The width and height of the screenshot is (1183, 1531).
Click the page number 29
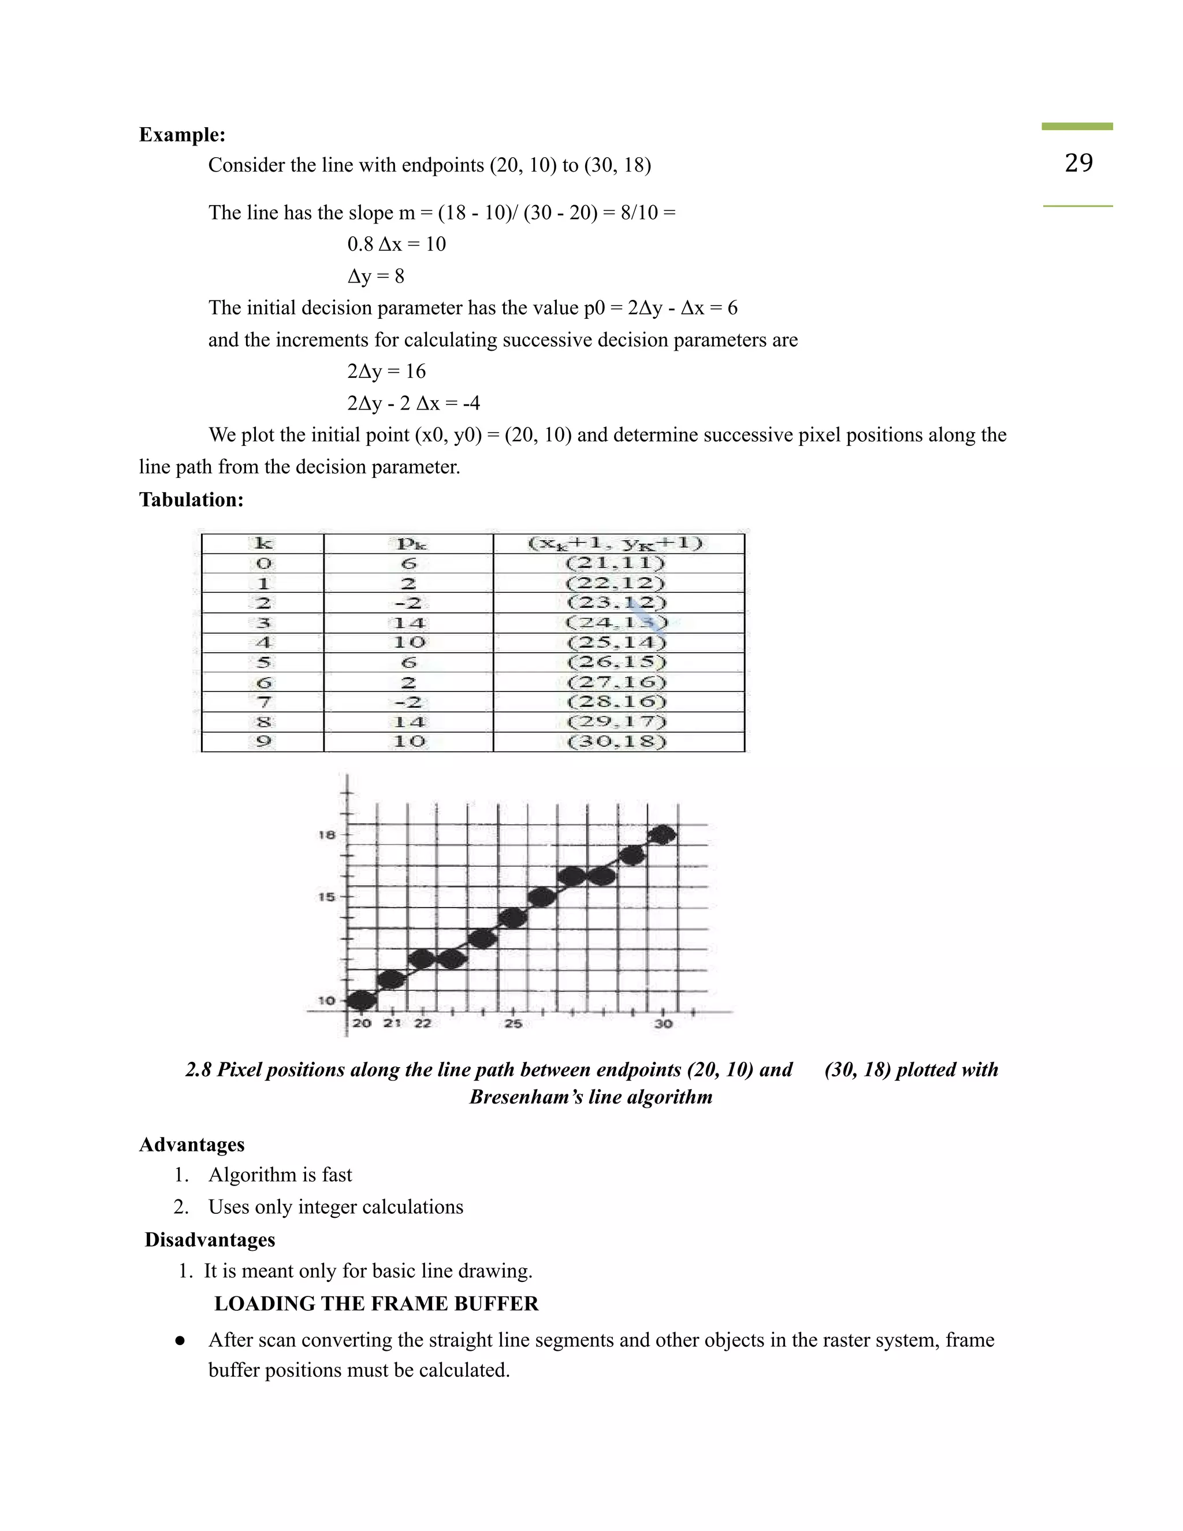(1078, 163)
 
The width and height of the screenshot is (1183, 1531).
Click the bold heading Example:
(182, 135)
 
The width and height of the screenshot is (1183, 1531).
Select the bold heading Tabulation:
(191, 500)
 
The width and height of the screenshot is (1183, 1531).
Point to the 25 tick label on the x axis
(514, 1024)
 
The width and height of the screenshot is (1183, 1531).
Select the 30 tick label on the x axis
(664, 1024)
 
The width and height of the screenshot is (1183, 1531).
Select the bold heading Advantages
(192, 1144)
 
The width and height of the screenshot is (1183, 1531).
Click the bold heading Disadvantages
(210, 1240)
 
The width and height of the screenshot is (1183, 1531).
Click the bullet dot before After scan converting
(180, 1340)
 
